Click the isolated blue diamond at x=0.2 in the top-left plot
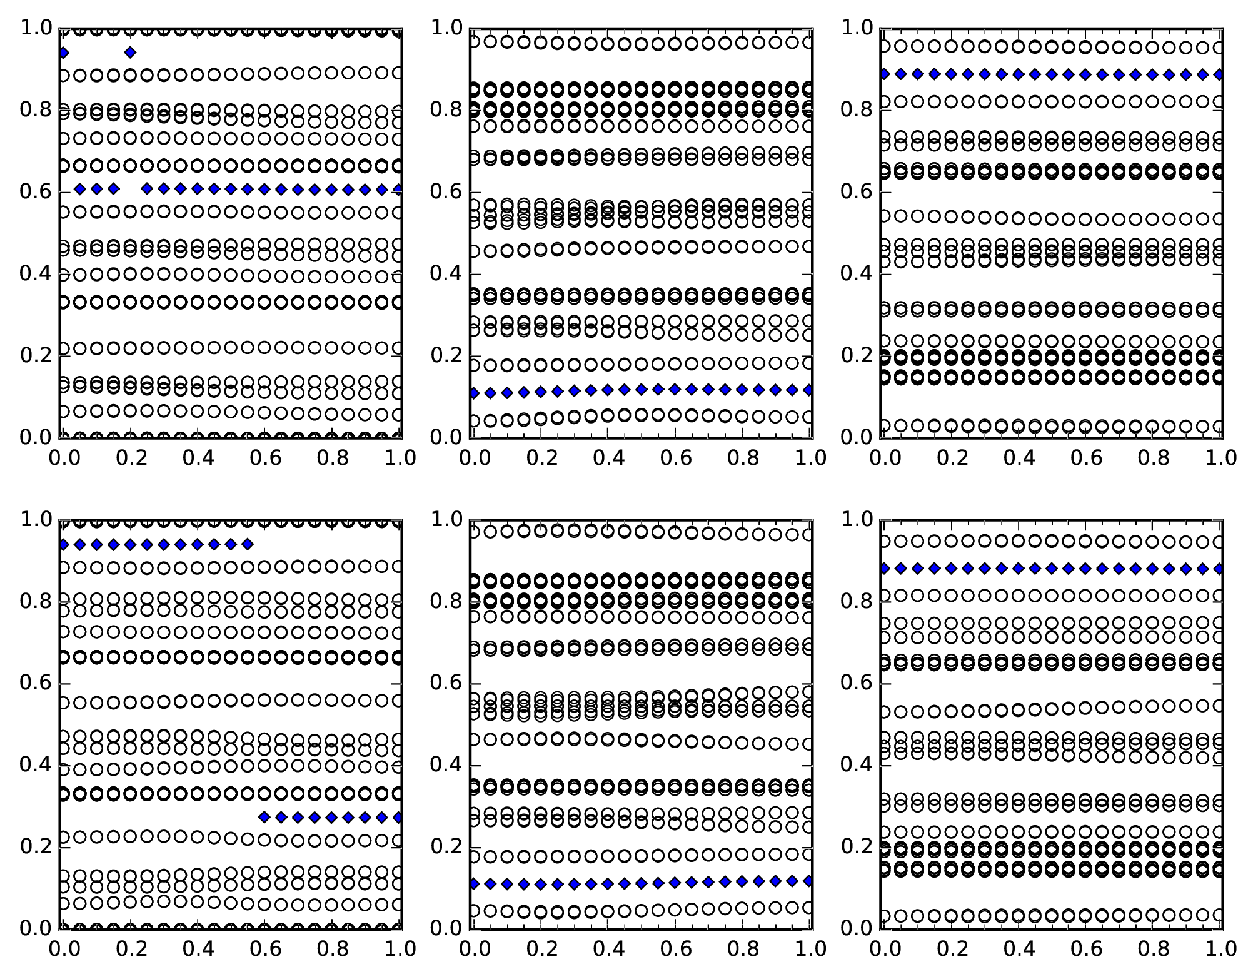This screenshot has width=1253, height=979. coord(130,53)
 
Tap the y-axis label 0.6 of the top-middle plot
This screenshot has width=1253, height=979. coord(446,191)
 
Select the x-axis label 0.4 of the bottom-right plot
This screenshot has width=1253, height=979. coord(1019,949)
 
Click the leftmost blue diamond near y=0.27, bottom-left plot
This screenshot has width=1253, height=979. coord(264,817)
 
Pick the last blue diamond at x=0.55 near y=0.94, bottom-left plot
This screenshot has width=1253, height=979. coord(248,544)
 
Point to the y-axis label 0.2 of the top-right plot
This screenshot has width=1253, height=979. coord(857,355)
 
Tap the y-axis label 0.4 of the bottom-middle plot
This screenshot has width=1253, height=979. coord(446,764)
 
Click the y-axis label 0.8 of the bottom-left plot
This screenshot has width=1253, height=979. coord(36,601)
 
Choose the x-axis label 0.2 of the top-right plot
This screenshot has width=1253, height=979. coord(952,458)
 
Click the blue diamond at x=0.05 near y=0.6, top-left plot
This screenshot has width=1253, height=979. coord(79,189)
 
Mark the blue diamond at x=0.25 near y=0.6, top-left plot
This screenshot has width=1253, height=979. coord(147,189)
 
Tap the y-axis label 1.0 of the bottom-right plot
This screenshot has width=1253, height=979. coord(857,519)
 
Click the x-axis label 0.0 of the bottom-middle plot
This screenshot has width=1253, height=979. coord(474,949)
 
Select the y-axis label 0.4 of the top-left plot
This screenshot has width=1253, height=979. coord(36,273)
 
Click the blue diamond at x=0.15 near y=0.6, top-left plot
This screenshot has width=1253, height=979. coord(113,189)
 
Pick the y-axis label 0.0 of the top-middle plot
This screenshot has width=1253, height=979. coord(446,437)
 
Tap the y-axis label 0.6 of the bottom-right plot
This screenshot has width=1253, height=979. coord(857,682)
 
